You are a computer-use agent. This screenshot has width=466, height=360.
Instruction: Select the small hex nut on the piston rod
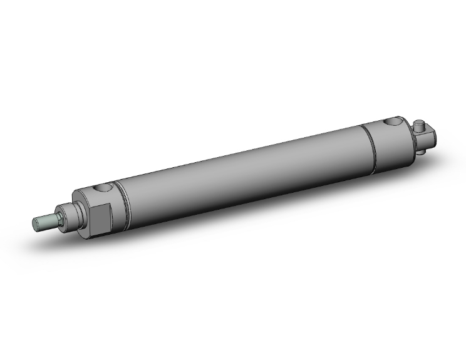[58, 218]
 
